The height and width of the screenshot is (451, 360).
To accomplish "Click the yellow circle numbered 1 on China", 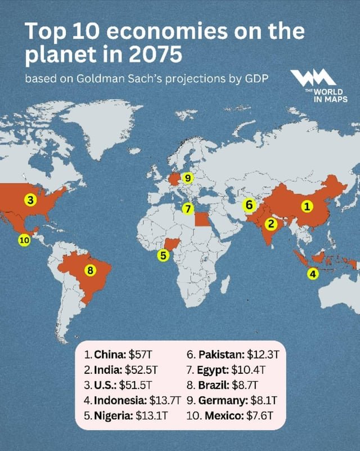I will click(x=307, y=207).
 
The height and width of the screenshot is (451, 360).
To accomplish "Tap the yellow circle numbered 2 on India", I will click(x=271, y=224).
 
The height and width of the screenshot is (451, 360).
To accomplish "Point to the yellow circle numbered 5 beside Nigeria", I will click(x=163, y=256).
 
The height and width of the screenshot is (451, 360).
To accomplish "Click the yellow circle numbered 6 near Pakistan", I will click(x=249, y=205).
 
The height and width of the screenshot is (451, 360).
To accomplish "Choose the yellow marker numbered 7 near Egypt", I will click(x=187, y=208).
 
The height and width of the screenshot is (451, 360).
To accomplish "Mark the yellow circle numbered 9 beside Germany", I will click(x=187, y=178).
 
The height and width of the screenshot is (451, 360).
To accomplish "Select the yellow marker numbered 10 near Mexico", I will click(x=24, y=239).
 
